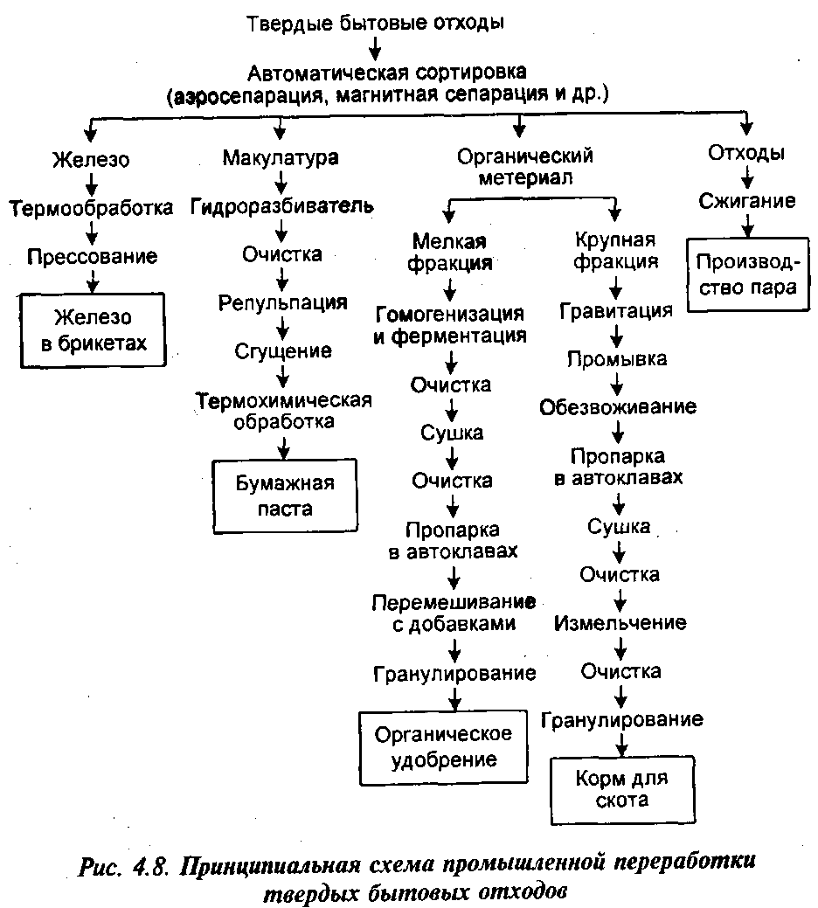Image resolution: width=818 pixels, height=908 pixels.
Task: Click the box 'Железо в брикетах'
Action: pyautogui.click(x=93, y=330)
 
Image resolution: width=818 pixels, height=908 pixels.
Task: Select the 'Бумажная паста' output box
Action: pyautogui.click(x=285, y=496)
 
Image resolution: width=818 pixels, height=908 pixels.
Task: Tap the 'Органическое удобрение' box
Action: pyautogui.click(x=443, y=747)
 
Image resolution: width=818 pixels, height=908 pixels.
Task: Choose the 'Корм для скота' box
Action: pyautogui.click(x=622, y=789)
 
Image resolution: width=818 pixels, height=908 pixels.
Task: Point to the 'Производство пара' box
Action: pyautogui.click(x=748, y=274)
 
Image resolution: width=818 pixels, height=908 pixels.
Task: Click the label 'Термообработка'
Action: pyautogui.click(x=91, y=208)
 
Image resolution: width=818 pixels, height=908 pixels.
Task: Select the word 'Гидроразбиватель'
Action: pyautogui.click(x=282, y=206)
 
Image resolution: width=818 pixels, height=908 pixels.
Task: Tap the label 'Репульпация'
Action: pyautogui.click(x=282, y=303)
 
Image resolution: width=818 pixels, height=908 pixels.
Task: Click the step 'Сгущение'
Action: pyautogui.click(x=283, y=351)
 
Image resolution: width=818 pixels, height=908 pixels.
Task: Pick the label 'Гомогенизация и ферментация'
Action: pyautogui.click(x=450, y=324)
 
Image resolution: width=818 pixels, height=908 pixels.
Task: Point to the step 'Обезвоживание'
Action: pyautogui.click(x=618, y=407)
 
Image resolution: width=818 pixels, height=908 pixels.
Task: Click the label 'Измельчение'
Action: pyautogui.click(x=620, y=623)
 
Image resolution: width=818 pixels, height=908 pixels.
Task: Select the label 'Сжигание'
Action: pyautogui.click(x=747, y=201)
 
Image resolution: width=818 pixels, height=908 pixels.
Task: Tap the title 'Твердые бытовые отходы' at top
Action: pyautogui.click(x=375, y=24)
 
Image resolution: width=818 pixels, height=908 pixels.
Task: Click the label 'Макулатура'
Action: pyautogui.click(x=281, y=157)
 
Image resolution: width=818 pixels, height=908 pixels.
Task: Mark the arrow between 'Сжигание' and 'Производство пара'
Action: pyautogui.click(x=747, y=225)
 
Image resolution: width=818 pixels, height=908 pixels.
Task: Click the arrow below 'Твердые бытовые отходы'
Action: pyautogui.click(x=375, y=48)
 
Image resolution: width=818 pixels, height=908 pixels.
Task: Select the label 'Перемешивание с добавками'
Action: pyautogui.click(x=454, y=613)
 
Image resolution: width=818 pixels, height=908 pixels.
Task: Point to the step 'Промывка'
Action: pyautogui.click(x=616, y=359)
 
